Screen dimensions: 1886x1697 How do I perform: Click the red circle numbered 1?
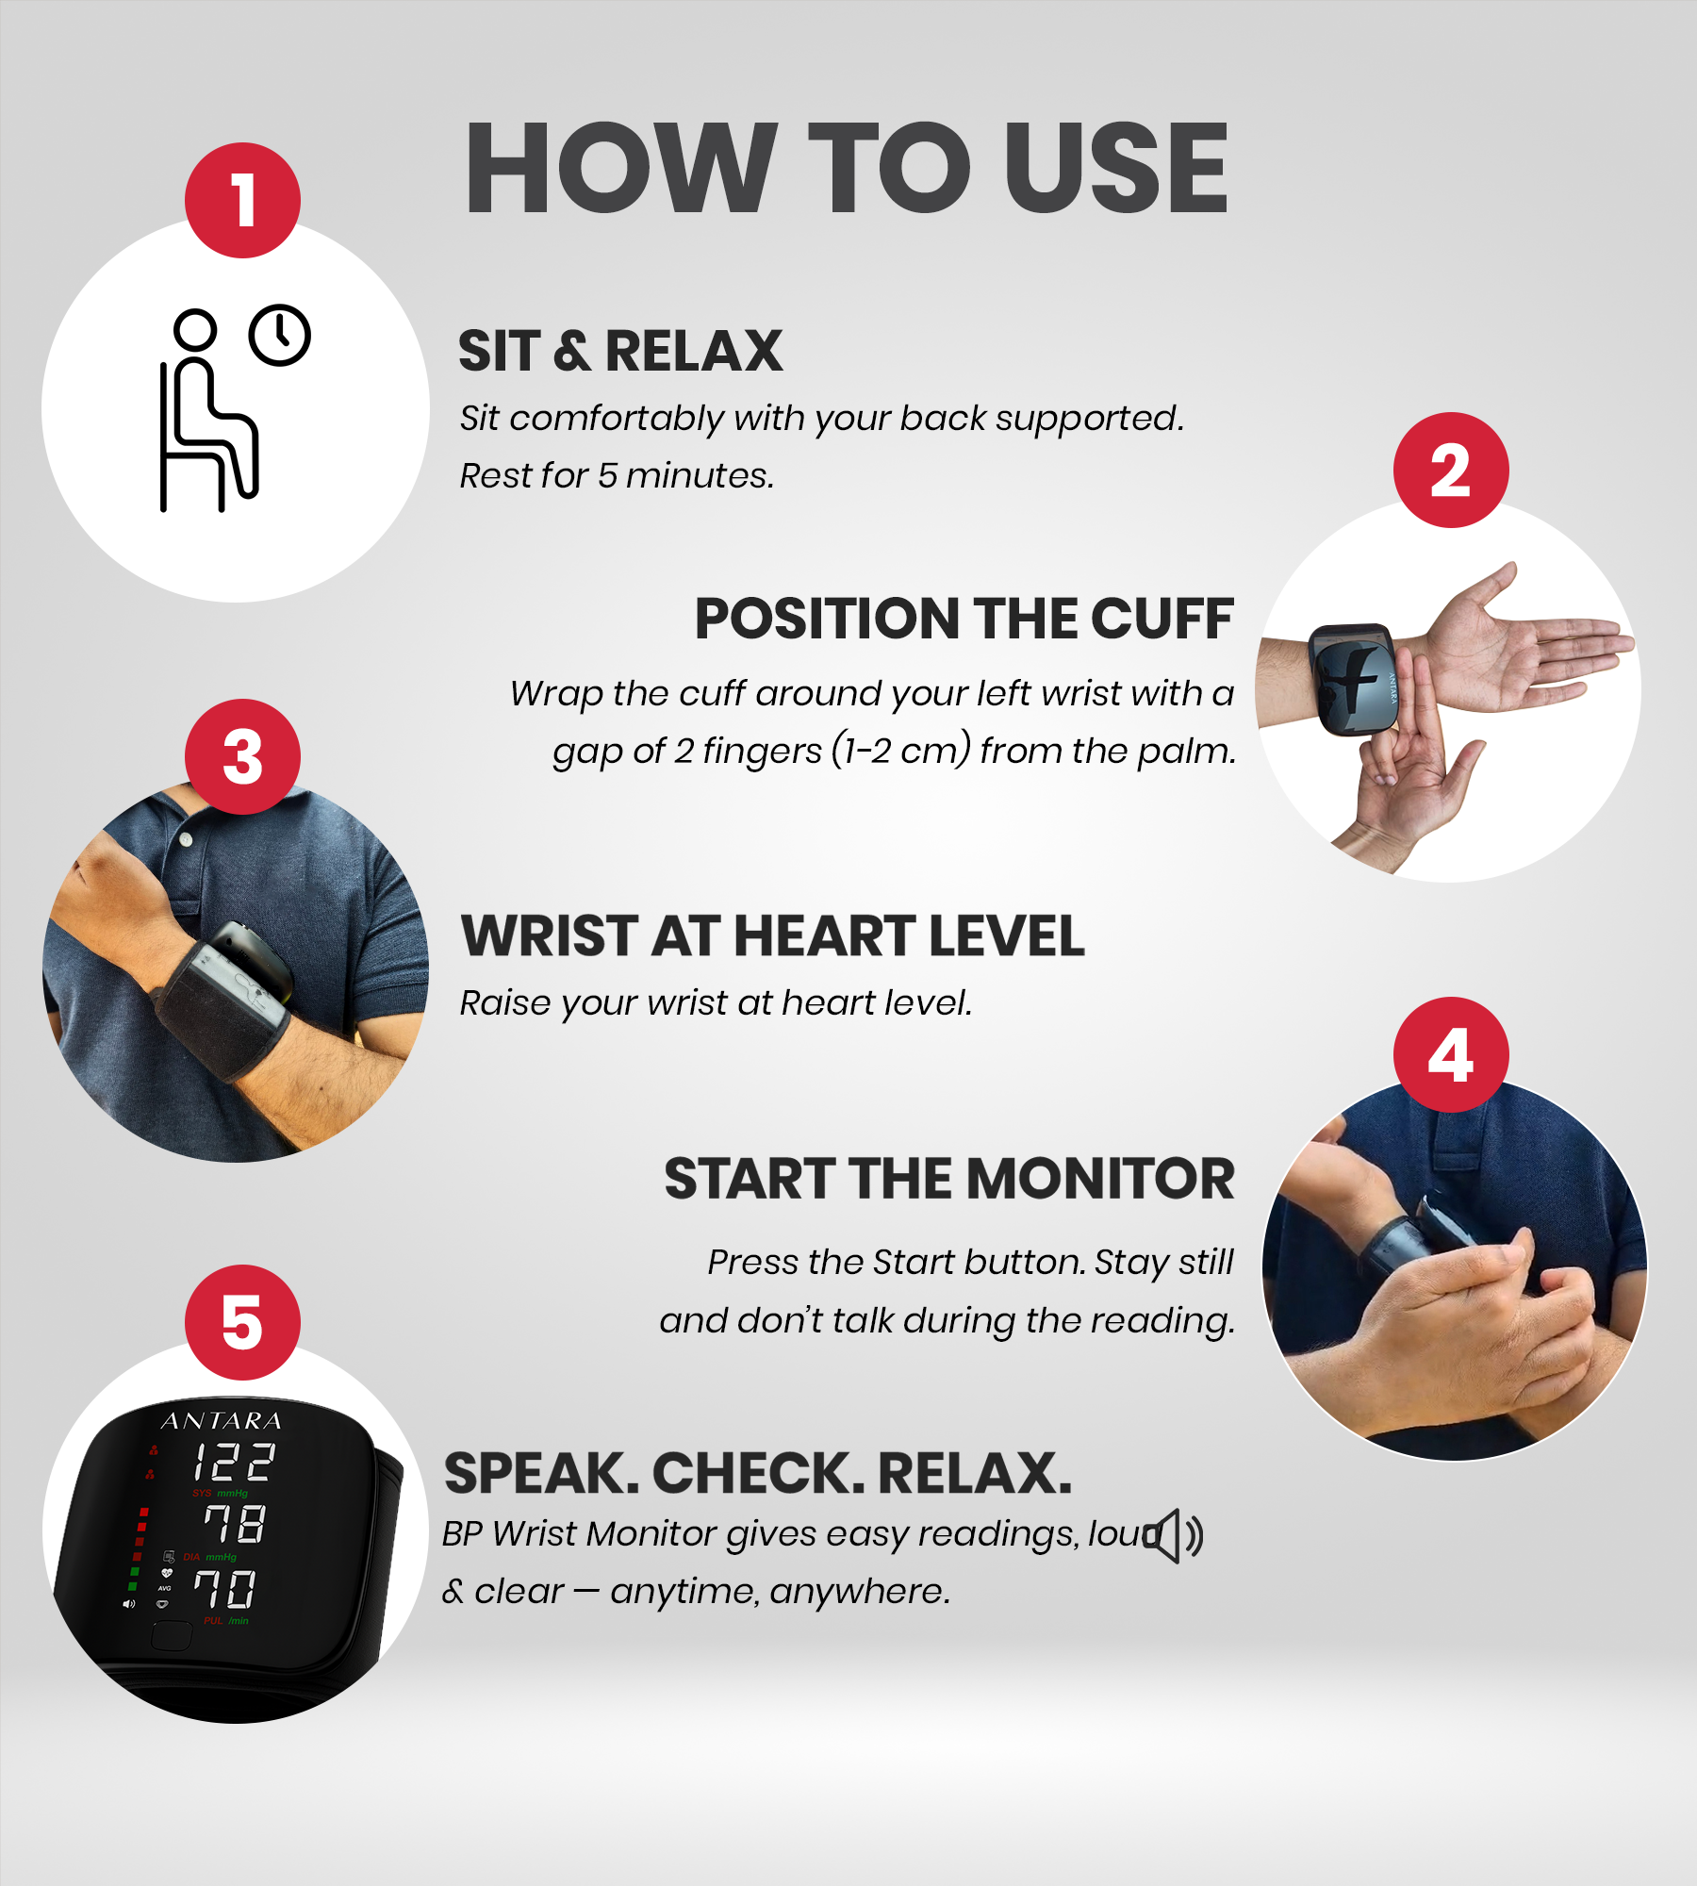coord(242,200)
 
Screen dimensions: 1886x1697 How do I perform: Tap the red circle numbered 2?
coord(1451,470)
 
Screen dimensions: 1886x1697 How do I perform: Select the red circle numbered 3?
coord(242,756)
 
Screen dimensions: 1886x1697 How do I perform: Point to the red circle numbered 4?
coord(1451,1054)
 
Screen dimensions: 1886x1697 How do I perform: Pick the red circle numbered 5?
coord(242,1322)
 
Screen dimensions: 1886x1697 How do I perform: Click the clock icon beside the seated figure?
coord(280,336)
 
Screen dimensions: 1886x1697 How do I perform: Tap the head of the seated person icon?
coord(195,330)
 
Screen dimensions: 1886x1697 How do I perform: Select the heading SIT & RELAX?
coord(619,351)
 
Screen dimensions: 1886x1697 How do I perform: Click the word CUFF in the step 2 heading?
coord(1162,619)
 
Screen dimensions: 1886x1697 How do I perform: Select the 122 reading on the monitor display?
coord(233,1463)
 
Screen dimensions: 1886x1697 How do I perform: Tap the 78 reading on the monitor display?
coord(235,1525)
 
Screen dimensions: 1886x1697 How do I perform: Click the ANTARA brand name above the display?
coord(222,1421)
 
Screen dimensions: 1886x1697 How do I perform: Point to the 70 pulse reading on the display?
coord(224,1590)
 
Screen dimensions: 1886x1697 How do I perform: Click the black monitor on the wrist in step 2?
coord(1352,679)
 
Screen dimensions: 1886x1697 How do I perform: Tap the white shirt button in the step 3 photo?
coord(187,838)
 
